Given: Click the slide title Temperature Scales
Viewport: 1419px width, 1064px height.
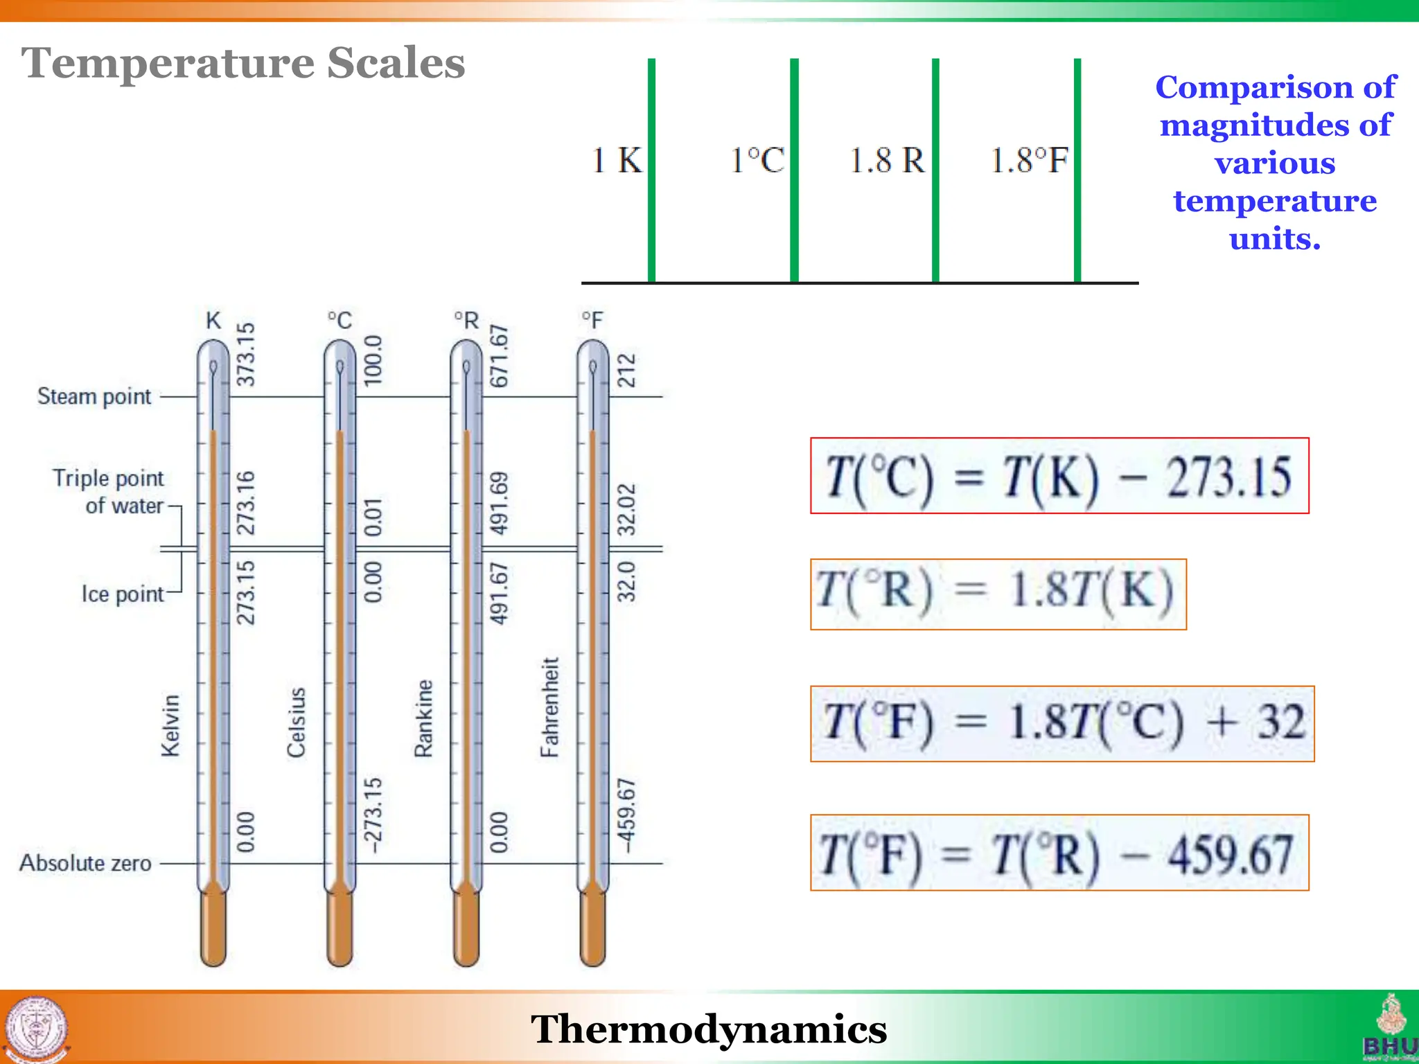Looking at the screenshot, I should pyautogui.click(x=243, y=63).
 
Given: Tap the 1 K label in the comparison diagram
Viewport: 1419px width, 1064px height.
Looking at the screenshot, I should pyautogui.click(x=617, y=161).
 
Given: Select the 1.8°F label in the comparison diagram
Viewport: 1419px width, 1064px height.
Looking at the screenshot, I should pyautogui.click(x=1029, y=161).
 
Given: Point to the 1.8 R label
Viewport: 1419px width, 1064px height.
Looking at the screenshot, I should pyautogui.click(x=887, y=161).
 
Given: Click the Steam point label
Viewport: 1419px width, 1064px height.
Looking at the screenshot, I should pyautogui.click(x=94, y=397).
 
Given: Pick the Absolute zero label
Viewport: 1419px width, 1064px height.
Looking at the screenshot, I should pyautogui.click(x=85, y=863).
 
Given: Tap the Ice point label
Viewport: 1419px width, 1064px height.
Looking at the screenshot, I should pyautogui.click(x=123, y=594).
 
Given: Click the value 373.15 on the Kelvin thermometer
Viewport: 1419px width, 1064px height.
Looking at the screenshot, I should pyautogui.click(x=246, y=354).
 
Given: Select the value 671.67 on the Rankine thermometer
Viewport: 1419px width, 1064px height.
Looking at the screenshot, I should pyautogui.click(x=499, y=355).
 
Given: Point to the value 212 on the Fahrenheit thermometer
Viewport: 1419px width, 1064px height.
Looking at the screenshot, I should pyautogui.click(x=626, y=370).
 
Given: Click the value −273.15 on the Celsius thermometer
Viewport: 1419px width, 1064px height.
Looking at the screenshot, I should pyautogui.click(x=373, y=815).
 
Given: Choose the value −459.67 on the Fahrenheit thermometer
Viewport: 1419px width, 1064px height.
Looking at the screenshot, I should pyautogui.click(x=626, y=815).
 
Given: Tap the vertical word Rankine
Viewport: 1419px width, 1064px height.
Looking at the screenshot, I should pyautogui.click(x=423, y=718).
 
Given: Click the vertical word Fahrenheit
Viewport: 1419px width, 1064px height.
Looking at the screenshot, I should pyautogui.click(x=549, y=707).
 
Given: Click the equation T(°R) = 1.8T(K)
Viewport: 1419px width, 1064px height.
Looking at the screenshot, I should pyautogui.click(x=998, y=594).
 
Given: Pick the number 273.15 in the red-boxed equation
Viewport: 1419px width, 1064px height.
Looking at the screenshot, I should pyautogui.click(x=1228, y=477).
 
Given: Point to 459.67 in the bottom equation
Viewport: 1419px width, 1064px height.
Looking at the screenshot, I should pyautogui.click(x=1230, y=854).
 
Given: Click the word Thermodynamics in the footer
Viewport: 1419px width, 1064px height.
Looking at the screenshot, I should pyautogui.click(x=709, y=1029).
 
